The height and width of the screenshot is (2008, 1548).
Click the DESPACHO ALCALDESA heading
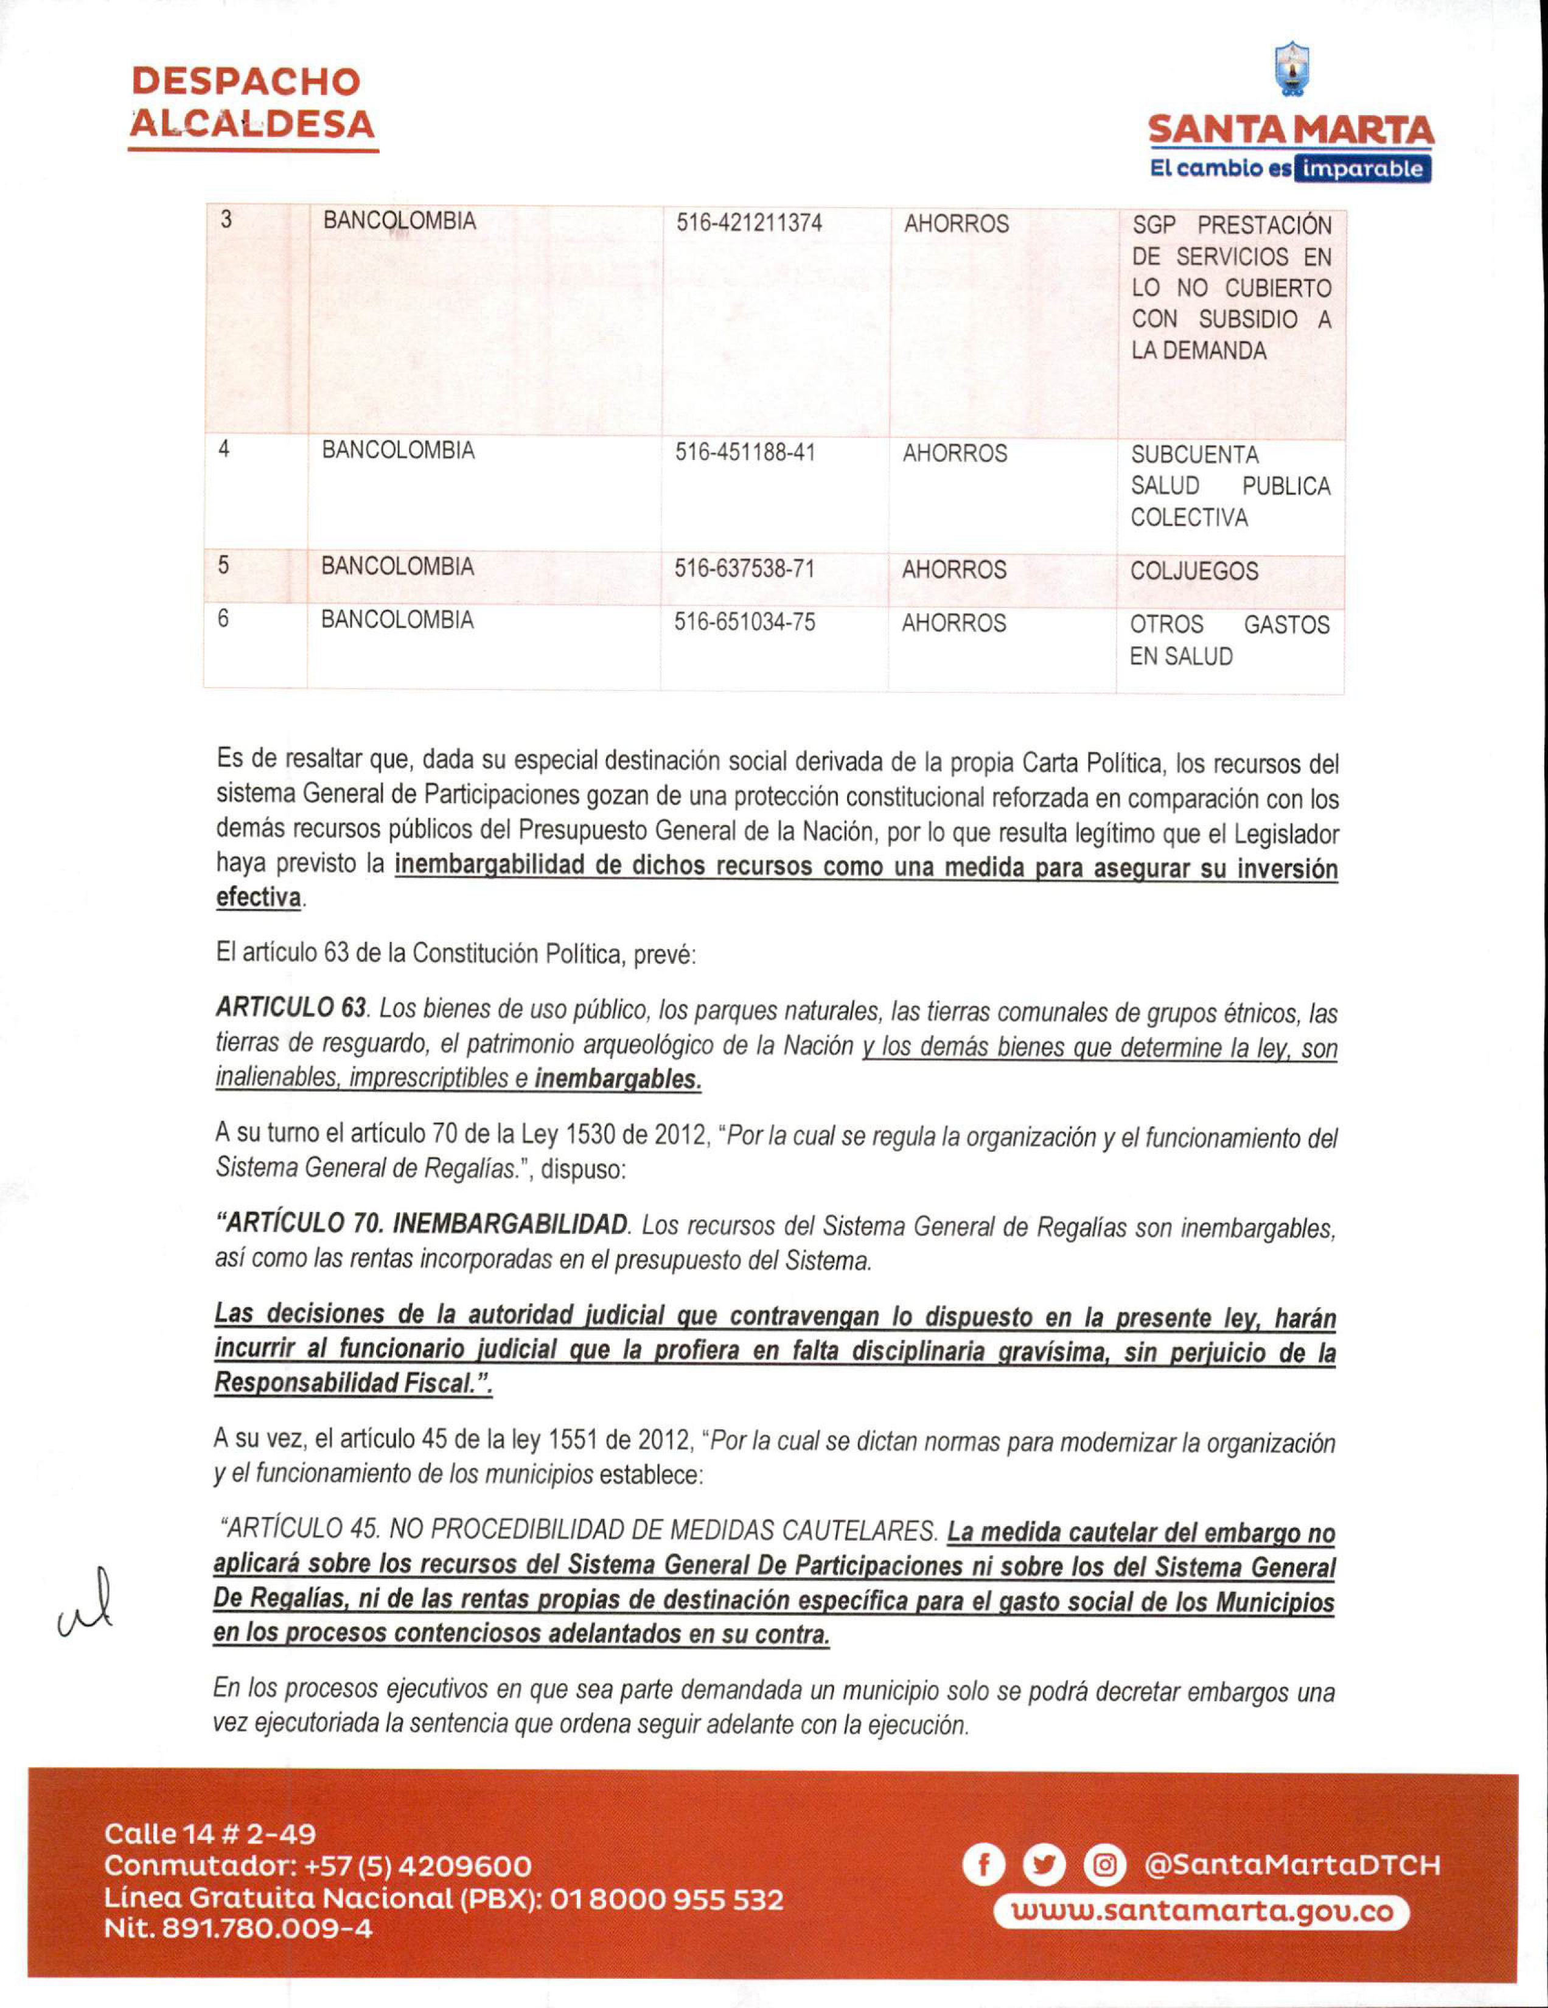(x=252, y=103)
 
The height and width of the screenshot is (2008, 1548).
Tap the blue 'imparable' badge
(x=1361, y=169)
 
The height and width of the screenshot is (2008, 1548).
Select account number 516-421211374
(x=748, y=223)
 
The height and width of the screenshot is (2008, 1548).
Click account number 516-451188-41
(x=745, y=452)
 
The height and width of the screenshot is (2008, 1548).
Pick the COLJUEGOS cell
(x=1193, y=571)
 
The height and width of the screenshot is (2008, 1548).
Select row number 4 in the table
(x=223, y=450)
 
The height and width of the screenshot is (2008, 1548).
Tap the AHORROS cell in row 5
(x=954, y=570)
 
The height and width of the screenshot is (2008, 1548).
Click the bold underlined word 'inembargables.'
(x=618, y=1079)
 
